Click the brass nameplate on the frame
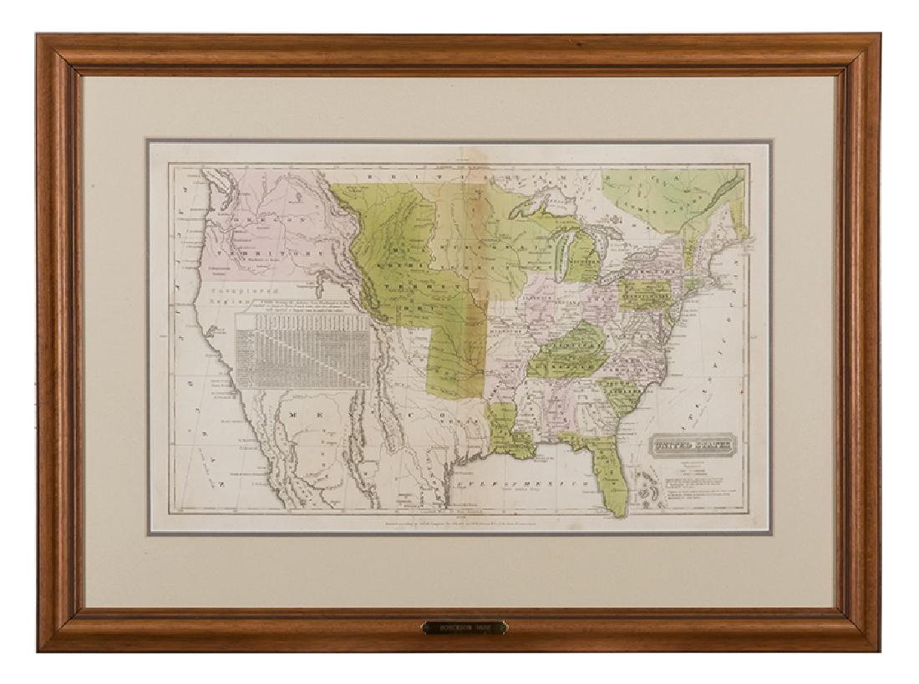[x=464, y=626]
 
